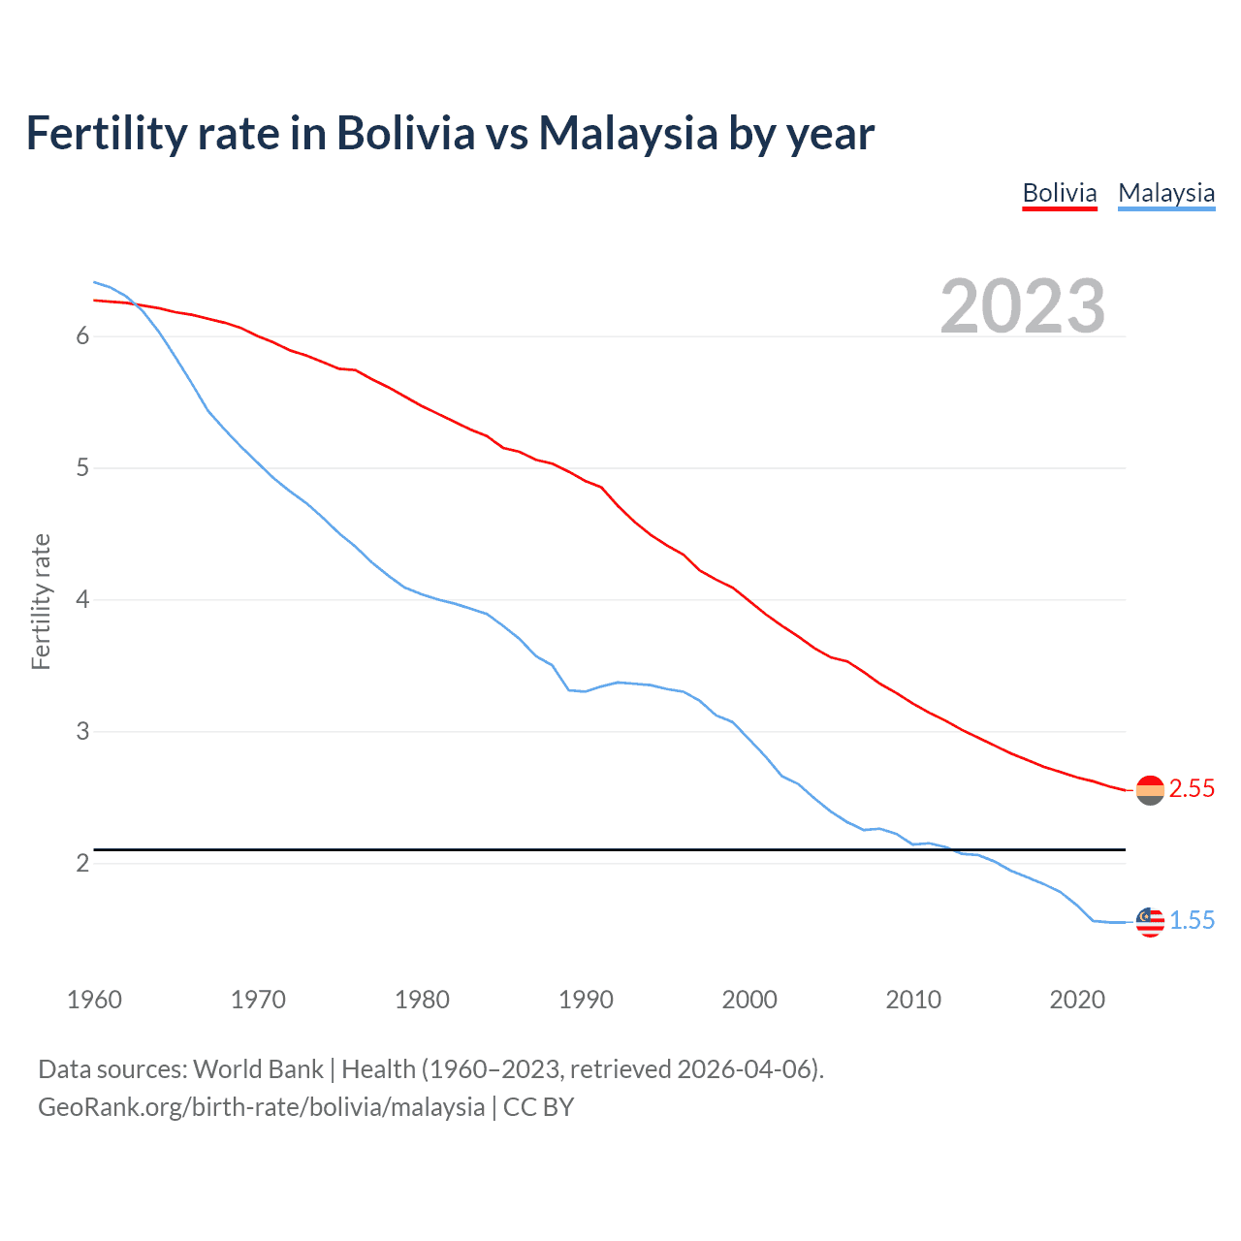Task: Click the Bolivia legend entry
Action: (x=1060, y=193)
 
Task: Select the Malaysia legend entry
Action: (x=1166, y=193)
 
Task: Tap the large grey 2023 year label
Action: (x=1023, y=306)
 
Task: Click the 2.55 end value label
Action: (x=1192, y=789)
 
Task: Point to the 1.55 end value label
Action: (x=1192, y=921)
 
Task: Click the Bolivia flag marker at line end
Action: (x=1150, y=790)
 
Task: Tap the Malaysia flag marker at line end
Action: (x=1150, y=922)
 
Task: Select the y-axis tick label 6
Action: (x=82, y=336)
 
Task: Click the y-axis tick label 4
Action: (x=82, y=600)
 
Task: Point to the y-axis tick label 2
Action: (x=82, y=863)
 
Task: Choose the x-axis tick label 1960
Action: (x=94, y=1000)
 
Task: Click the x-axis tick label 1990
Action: (x=586, y=1000)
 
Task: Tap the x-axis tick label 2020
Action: (x=1077, y=1000)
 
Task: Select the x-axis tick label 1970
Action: (x=258, y=1000)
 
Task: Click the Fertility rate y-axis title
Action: (x=41, y=601)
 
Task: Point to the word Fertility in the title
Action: (x=105, y=134)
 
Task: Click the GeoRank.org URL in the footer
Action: (x=261, y=1107)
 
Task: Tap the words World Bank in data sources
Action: (x=258, y=1069)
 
